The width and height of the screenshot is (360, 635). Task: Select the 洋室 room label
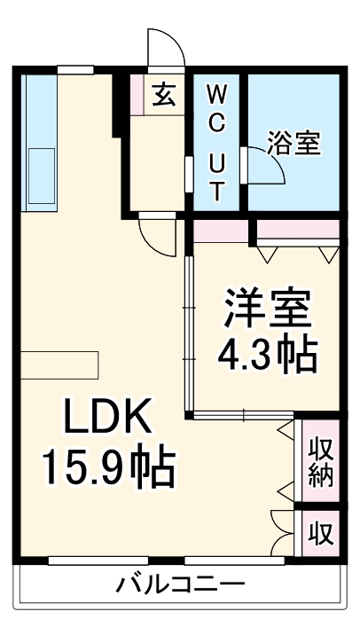coord(268,310)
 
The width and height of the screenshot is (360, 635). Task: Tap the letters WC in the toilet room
coord(216,107)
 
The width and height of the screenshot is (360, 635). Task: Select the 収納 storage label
coord(321,461)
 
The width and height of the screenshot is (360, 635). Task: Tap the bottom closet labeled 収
coord(321,534)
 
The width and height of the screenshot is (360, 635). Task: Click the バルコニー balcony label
coord(180,585)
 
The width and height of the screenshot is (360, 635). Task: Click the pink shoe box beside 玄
coord(137,94)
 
